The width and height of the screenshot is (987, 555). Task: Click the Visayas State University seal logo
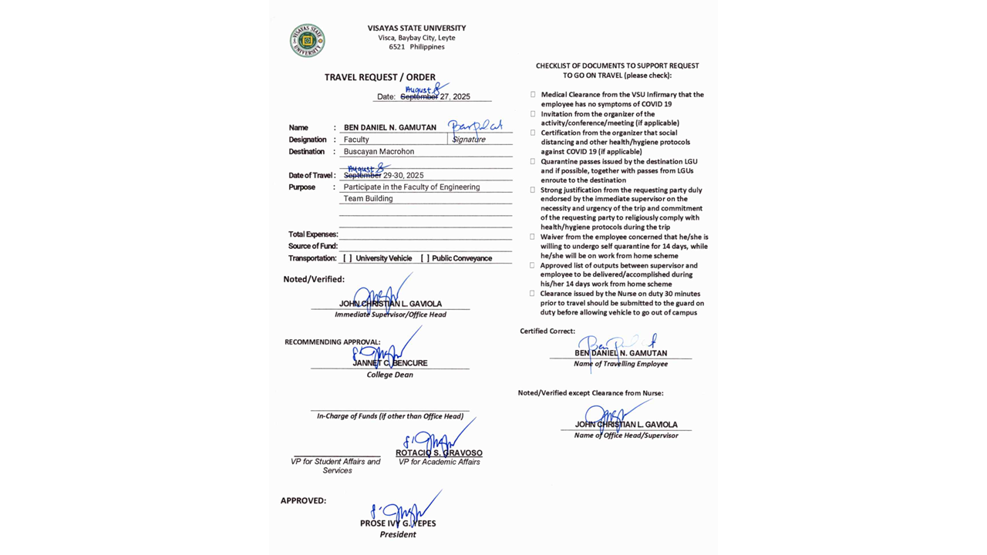(x=307, y=41)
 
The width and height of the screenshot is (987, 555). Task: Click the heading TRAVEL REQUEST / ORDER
(x=379, y=77)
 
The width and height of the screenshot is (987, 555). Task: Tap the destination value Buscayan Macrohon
(x=379, y=152)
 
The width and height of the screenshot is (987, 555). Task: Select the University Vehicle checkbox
(x=348, y=258)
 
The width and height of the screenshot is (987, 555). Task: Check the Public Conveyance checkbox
(x=425, y=258)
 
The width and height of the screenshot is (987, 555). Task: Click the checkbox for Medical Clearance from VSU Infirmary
(x=533, y=95)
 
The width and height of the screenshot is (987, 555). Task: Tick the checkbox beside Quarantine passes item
(x=533, y=162)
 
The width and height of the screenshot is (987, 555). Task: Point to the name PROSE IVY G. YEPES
(x=398, y=523)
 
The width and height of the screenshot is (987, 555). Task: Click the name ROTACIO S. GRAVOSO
(x=439, y=453)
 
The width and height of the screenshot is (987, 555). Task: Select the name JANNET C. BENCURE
(x=390, y=363)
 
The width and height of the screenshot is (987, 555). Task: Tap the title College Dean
(x=390, y=375)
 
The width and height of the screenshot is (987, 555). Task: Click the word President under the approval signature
(x=398, y=534)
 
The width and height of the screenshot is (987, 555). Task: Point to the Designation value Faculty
(x=356, y=140)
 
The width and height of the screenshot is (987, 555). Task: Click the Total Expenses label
(x=313, y=234)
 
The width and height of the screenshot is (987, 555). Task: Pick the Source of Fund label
(x=313, y=246)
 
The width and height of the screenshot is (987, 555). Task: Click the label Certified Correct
(x=547, y=331)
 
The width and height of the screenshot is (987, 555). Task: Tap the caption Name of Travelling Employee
(x=621, y=364)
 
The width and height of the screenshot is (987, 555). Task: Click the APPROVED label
(x=303, y=500)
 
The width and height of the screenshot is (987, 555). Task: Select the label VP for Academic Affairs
(x=439, y=462)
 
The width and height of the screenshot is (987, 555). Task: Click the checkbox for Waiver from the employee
(x=533, y=237)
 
